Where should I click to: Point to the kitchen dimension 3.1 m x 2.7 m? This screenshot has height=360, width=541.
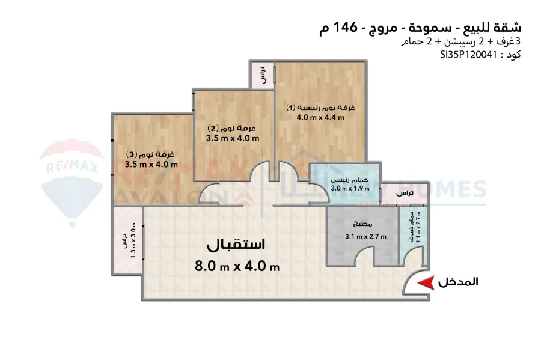point(365,236)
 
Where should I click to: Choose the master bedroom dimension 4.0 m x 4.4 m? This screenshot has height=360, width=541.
point(320,118)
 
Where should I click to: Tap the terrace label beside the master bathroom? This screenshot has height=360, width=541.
point(406,193)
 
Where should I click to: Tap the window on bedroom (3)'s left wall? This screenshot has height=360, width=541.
point(112,157)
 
